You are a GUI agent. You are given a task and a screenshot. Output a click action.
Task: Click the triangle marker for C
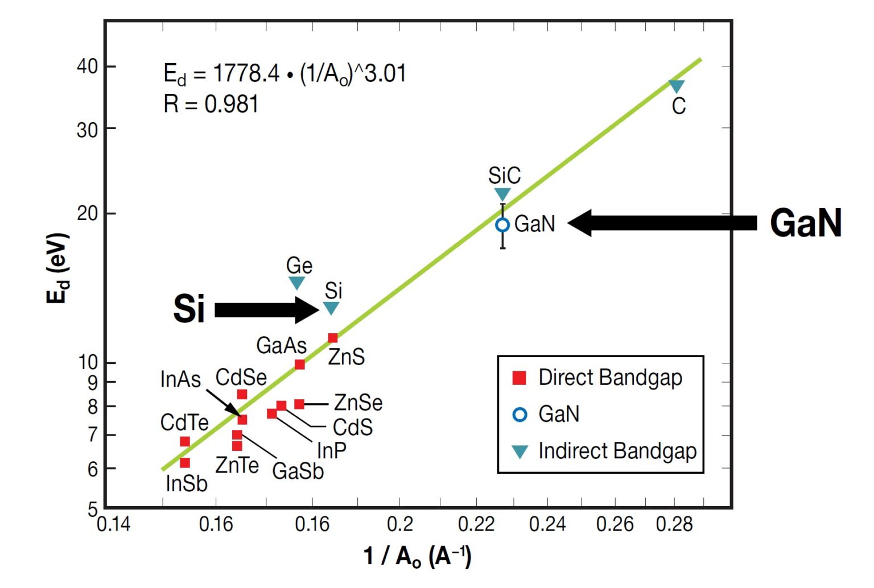click(676, 86)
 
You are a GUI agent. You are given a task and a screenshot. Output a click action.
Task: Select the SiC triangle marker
click(502, 194)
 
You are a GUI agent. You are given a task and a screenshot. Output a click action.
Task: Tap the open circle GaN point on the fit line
click(502, 225)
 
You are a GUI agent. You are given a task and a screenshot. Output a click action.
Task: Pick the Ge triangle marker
click(296, 282)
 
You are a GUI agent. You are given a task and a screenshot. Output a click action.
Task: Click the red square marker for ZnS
click(333, 338)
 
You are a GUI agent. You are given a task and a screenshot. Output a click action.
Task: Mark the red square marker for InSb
click(184, 463)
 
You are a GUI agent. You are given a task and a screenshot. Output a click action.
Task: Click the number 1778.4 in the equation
click(246, 73)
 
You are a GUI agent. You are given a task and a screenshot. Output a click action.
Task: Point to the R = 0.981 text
click(211, 104)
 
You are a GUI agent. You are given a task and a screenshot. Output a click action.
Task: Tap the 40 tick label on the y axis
click(88, 67)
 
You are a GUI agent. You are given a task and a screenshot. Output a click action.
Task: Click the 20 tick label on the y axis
click(88, 214)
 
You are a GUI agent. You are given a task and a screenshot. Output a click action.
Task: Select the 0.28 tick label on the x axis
click(674, 524)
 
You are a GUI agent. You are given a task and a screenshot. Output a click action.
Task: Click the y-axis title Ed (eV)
click(58, 268)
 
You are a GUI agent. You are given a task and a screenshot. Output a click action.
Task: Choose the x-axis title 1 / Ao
click(417, 556)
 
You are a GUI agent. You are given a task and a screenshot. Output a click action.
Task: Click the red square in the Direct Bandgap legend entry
click(519, 378)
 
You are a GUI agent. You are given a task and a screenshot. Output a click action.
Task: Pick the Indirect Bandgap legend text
click(617, 451)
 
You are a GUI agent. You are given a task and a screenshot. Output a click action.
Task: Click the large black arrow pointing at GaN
click(662, 223)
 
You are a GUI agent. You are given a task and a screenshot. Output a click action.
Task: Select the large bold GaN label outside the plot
click(806, 222)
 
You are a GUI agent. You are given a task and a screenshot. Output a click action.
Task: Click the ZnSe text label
click(358, 403)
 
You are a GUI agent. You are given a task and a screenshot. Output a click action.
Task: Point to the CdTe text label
click(184, 423)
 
